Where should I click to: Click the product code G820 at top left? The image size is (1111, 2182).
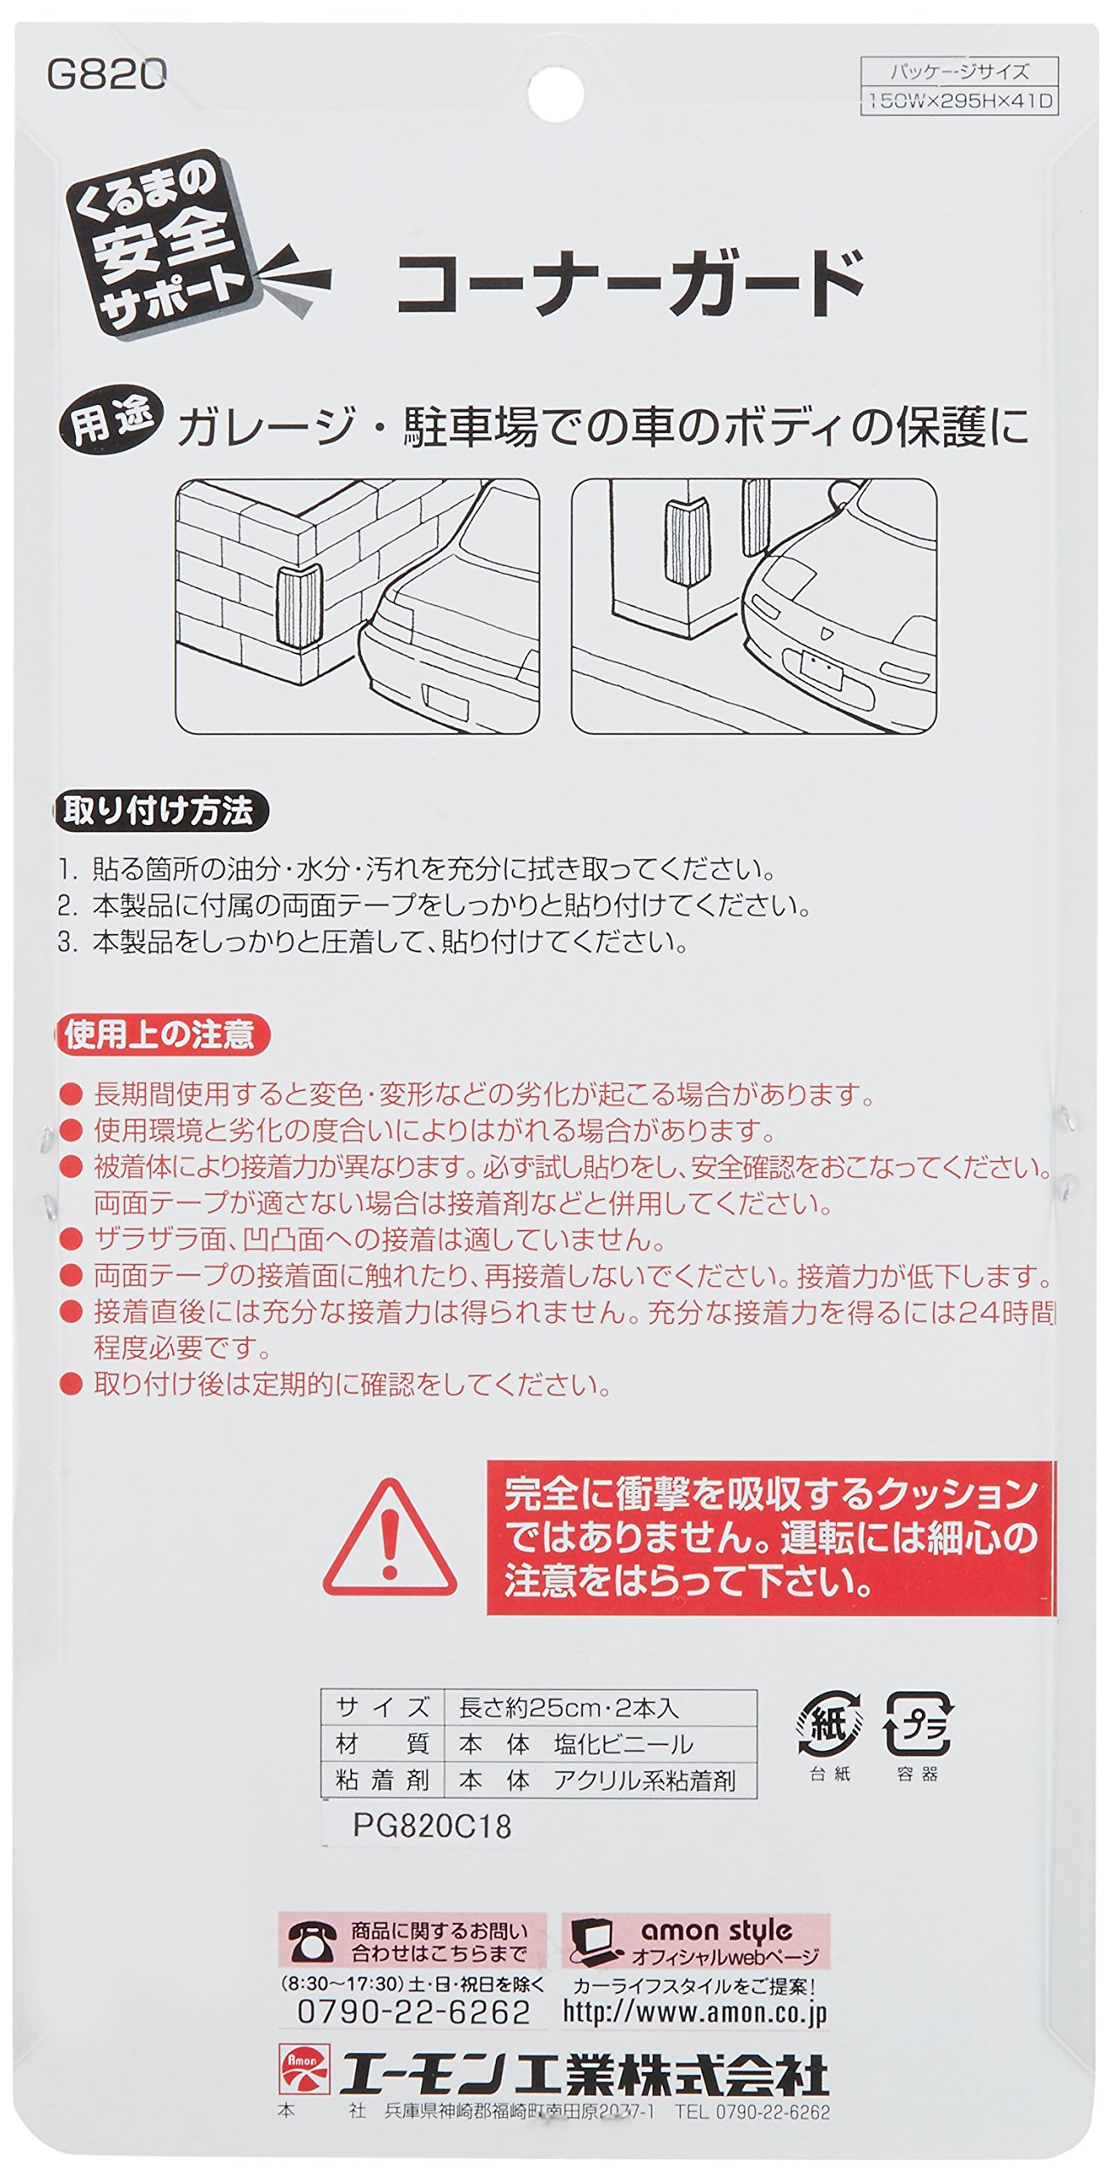click(x=106, y=76)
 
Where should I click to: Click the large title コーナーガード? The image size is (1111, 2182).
click(x=631, y=283)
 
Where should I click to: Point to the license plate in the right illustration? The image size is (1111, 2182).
click(x=815, y=670)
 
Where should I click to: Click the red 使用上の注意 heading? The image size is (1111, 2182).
click(x=162, y=1035)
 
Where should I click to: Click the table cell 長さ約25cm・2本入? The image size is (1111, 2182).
click(x=569, y=1706)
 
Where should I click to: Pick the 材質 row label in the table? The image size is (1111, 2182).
click(x=383, y=1743)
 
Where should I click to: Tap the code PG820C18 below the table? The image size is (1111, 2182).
click(x=432, y=1827)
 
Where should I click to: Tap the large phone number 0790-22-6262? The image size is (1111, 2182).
click(x=414, y=2012)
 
